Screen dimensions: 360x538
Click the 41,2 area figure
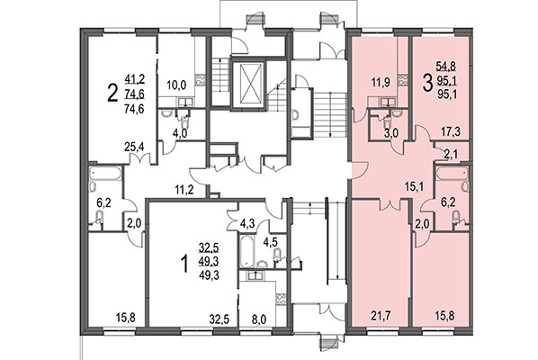[136, 78]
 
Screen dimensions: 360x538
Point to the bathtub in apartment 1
[247, 247]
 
